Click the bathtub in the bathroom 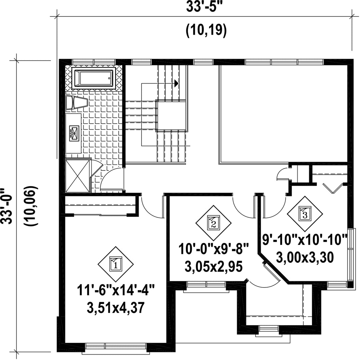pos(94,78)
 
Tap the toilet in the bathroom pos(77,102)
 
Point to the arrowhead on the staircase pos(176,83)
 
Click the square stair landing pos(171,115)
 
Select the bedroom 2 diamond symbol pos(214,223)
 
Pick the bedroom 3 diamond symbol pos(305,214)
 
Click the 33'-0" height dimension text pos(10,206)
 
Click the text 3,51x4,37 pos(116,308)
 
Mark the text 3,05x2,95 pos(214,267)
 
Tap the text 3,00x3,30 pos(305,257)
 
